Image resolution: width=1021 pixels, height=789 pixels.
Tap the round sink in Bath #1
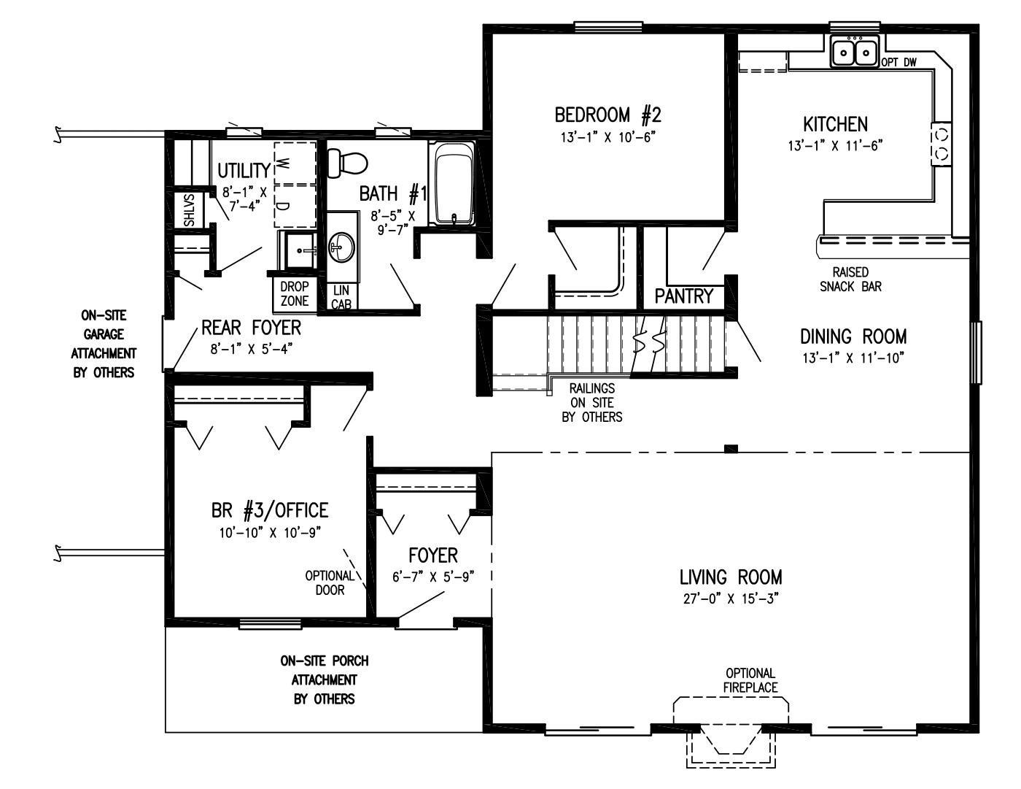coord(340,247)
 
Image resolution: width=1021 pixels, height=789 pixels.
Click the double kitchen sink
coord(855,52)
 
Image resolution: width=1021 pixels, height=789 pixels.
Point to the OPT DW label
coord(898,63)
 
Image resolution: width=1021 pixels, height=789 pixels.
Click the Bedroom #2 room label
coord(607,115)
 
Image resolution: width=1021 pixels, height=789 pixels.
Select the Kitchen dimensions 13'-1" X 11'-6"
coord(835,145)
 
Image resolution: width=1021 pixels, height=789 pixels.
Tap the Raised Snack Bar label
coord(850,280)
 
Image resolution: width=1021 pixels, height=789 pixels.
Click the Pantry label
coord(683,296)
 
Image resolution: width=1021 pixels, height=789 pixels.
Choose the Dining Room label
coord(853,336)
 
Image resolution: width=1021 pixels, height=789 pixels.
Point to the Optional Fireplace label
coord(750,680)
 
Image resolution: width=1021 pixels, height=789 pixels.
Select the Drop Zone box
coord(295,293)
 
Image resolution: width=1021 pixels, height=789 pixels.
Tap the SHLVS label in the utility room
coord(188,209)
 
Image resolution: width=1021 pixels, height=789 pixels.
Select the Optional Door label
coord(330,582)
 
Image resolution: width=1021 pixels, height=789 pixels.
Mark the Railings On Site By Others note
coord(591,403)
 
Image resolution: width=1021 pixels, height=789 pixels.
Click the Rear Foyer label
coord(251,327)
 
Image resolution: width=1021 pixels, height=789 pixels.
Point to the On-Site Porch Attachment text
coord(324,680)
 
